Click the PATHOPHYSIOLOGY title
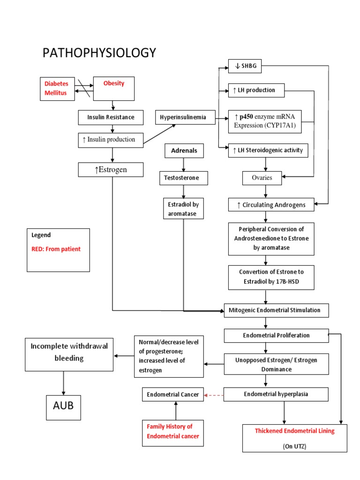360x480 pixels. coord(99,53)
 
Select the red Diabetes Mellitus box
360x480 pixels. coord(56,88)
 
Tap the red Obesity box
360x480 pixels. coord(114,88)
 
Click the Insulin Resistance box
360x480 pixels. coord(111,117)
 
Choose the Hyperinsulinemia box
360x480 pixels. coord(185,117)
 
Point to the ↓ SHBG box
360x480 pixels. coord(244,67)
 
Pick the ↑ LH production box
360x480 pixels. coord(256,90)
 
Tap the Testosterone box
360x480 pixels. coord(183,178)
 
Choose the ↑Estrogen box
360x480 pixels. coord(111,169)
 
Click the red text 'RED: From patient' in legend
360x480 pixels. coord(56,249)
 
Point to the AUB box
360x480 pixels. coord(63,406)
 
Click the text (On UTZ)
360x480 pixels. coord(294,447)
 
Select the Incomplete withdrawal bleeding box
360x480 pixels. coord(69,352)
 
